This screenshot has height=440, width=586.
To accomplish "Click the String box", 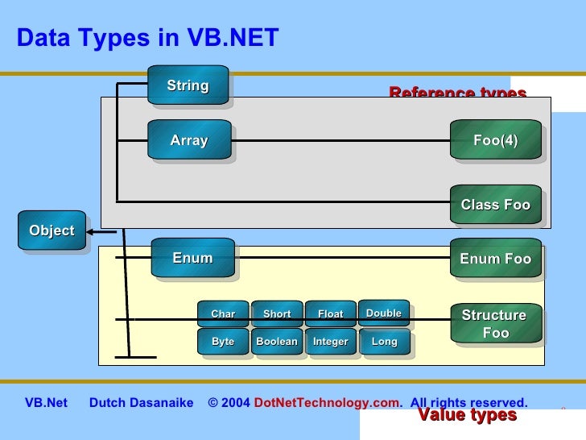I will coord(188,85).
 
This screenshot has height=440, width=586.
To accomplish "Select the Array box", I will coord(189,140).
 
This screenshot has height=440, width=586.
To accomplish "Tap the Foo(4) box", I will coord(495,140).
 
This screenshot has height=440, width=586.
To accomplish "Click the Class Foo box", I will coord(495,205).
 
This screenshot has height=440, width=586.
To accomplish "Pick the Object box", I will coord(52,230).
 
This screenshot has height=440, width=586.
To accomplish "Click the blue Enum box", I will coord(192,258).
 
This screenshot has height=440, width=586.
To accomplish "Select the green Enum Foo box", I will coord(495,259).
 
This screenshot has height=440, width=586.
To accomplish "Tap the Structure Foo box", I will coord(494,323).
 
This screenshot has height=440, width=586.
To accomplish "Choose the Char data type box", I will coord(223,313).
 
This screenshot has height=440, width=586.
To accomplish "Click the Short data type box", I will coord(277,313).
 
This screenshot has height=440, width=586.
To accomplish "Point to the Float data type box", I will coord(330,313).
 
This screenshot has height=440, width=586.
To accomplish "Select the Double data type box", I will coord(383,313).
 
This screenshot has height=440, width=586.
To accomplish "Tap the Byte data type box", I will coord(223,342).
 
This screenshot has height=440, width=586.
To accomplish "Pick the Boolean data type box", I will coord(277,342).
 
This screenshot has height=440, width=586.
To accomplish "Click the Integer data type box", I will coord(330,342).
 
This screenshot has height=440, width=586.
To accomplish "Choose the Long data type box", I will coord(384,342).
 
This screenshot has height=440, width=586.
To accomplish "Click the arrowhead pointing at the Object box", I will coord(91,231).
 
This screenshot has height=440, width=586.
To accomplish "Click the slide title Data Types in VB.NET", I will coord(147,38).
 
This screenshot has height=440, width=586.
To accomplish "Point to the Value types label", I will coord(467,415).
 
